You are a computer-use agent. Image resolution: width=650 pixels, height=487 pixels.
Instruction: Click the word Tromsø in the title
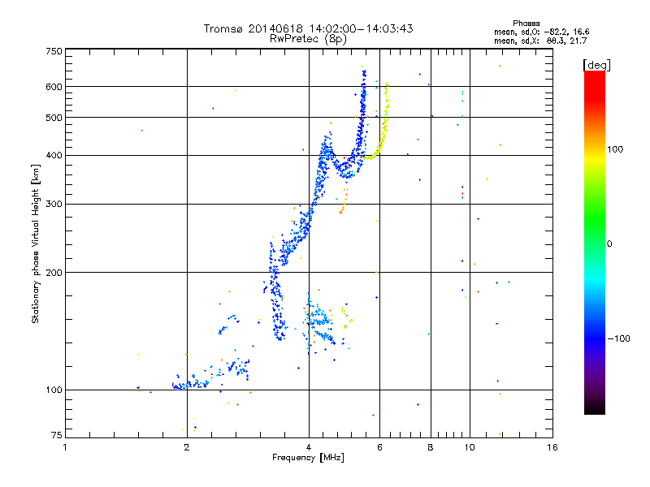click(x=223, y=28)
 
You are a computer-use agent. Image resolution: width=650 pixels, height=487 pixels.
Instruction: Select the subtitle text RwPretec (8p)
click(x=309, y=38)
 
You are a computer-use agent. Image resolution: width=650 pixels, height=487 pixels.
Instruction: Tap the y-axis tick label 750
click(x=54, y=51)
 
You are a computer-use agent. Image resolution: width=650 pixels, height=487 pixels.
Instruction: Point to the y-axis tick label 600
click(x=54, y=86)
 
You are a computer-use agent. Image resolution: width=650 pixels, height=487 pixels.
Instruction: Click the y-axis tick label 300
click(x=54, y=204)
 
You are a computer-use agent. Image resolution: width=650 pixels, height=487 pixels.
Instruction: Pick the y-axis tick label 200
click(x=54, y=272)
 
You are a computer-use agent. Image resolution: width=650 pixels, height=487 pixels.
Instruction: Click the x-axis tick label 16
click(x=552, y=447)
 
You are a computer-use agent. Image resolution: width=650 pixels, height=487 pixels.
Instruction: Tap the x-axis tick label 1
click(x=65, y=447)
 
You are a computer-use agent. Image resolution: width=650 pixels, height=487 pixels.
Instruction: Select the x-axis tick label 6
click(x=379, y=447)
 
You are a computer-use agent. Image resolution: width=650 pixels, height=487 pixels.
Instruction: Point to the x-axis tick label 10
click(x=469, y=447)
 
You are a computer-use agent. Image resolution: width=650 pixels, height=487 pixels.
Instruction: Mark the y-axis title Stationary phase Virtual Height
click(x=35, y=243)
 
